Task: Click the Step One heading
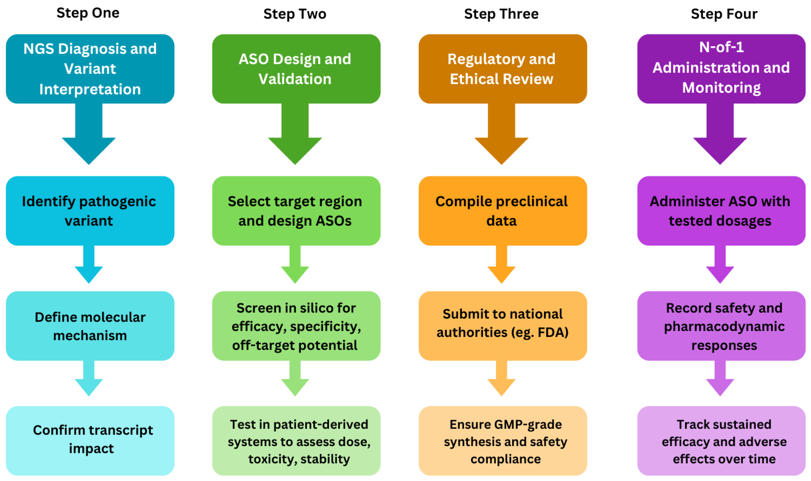point(88,13)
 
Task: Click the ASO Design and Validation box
point(296,69)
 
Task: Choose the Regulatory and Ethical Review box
point(502,69)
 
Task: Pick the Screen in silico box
point(296,326)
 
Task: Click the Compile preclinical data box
point(502,211)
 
